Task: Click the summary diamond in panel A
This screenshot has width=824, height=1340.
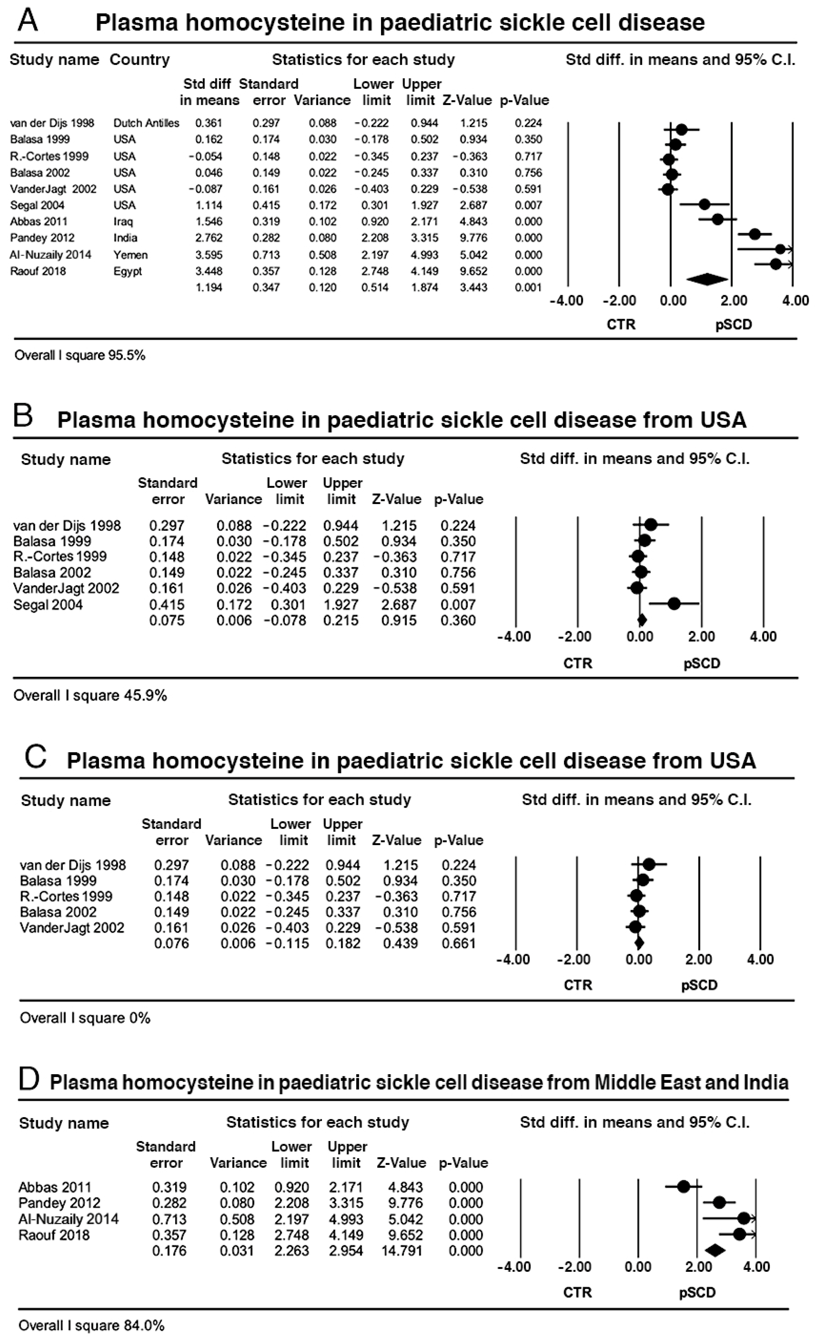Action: click(707, 280)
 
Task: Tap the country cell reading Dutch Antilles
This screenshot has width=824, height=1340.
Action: click(146, 123)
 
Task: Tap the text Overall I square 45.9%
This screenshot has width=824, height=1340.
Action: click(90, 696)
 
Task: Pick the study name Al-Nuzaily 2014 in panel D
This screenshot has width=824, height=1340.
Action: click(61, 1219)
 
